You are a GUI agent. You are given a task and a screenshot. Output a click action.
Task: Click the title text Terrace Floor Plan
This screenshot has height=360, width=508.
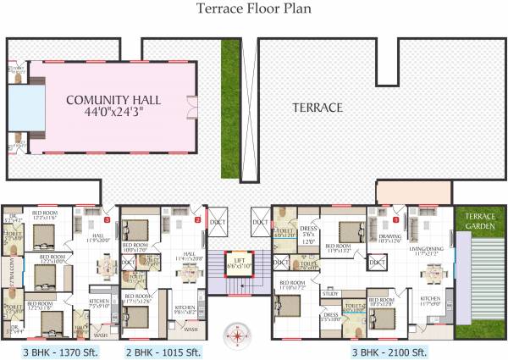pos(253,9)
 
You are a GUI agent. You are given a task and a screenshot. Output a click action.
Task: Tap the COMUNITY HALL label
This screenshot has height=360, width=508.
pos(113,100)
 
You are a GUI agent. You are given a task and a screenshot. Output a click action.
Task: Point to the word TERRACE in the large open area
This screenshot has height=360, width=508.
pos(317,108)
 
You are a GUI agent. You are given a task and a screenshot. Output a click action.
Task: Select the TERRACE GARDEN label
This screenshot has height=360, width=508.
pos(479,220)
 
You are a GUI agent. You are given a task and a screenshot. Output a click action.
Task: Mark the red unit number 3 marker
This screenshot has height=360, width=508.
pos(107,219)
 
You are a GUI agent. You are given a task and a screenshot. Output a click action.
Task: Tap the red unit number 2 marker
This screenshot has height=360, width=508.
pos(196,219)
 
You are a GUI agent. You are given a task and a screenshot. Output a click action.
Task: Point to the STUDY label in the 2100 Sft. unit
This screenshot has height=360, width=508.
pos(330,295)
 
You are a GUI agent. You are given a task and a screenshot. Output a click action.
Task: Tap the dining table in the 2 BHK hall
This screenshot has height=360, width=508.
pos(187,273)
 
